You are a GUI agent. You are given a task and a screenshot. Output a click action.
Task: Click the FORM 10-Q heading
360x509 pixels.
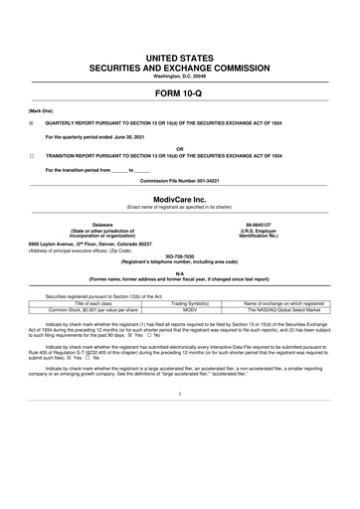[179, 92]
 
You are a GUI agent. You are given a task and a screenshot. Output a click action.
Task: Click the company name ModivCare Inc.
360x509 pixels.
[179, 196]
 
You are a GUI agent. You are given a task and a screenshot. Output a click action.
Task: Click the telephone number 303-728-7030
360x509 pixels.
[179, 253]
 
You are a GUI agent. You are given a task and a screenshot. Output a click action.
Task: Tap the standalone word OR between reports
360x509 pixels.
[179, 149]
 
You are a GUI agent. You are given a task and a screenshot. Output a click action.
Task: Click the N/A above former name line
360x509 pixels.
[179, 272]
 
